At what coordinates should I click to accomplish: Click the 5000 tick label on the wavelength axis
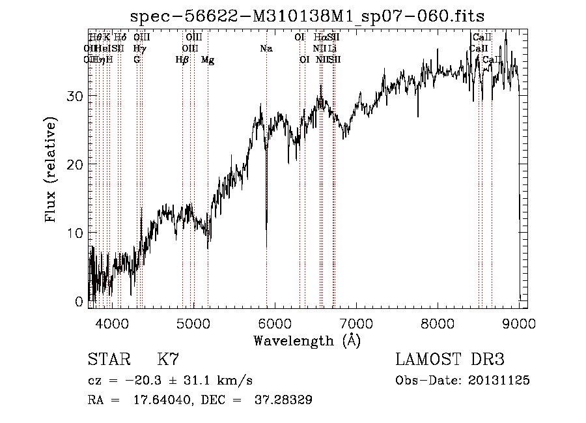[193, 323]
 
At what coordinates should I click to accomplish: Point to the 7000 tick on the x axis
[356, 323]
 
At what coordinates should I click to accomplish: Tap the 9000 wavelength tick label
[519, 323]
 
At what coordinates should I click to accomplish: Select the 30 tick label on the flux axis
[76, 96]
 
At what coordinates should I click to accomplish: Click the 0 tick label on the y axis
[80, 302]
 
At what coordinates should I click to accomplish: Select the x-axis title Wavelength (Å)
[307, 340]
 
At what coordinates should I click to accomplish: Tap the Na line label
[266, 48]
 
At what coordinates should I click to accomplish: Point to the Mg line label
[208, 59]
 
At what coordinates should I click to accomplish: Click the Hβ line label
[182, 59]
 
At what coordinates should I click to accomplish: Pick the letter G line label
[137, 59]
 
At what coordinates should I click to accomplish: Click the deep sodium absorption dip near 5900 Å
[266, 241]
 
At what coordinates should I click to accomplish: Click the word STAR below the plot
[108, 360]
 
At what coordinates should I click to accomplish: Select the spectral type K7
[168, 360]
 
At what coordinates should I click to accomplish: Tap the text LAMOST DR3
[449, 360]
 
